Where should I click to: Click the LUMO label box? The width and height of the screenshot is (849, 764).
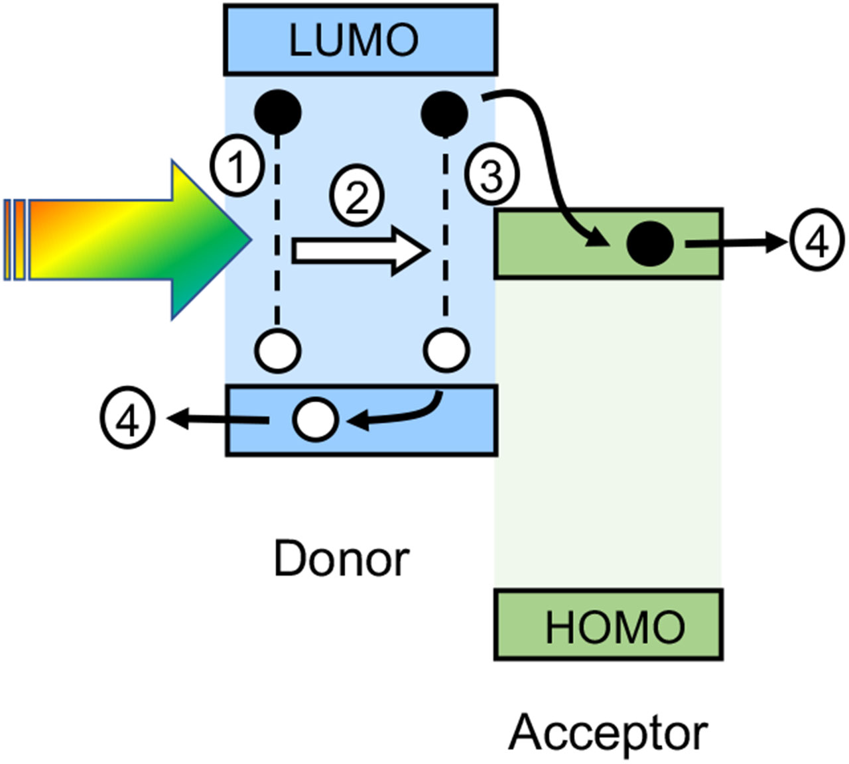(360, 39)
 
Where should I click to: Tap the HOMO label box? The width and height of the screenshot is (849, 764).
(608, 625)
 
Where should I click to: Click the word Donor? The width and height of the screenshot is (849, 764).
(341, 559)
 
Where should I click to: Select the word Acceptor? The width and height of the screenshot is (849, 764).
(608, 732)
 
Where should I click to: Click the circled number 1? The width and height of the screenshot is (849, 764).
(237, 168)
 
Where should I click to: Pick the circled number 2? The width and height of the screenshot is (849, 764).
(357, 197)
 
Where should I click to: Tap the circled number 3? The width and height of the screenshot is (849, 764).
(491, 176)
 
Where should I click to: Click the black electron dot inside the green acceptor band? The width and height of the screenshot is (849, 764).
(650, 243)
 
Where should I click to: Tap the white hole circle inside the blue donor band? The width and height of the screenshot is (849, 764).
(316, 419)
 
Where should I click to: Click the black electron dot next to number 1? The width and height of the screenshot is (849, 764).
(278, 111)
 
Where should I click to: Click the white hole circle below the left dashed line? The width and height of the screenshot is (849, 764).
(278, 350)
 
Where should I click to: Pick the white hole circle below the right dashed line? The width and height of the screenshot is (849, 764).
(446, 350)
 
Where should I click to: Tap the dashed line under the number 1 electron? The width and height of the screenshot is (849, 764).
(277, 232)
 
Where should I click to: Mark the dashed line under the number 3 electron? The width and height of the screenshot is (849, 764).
(444, 232)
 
